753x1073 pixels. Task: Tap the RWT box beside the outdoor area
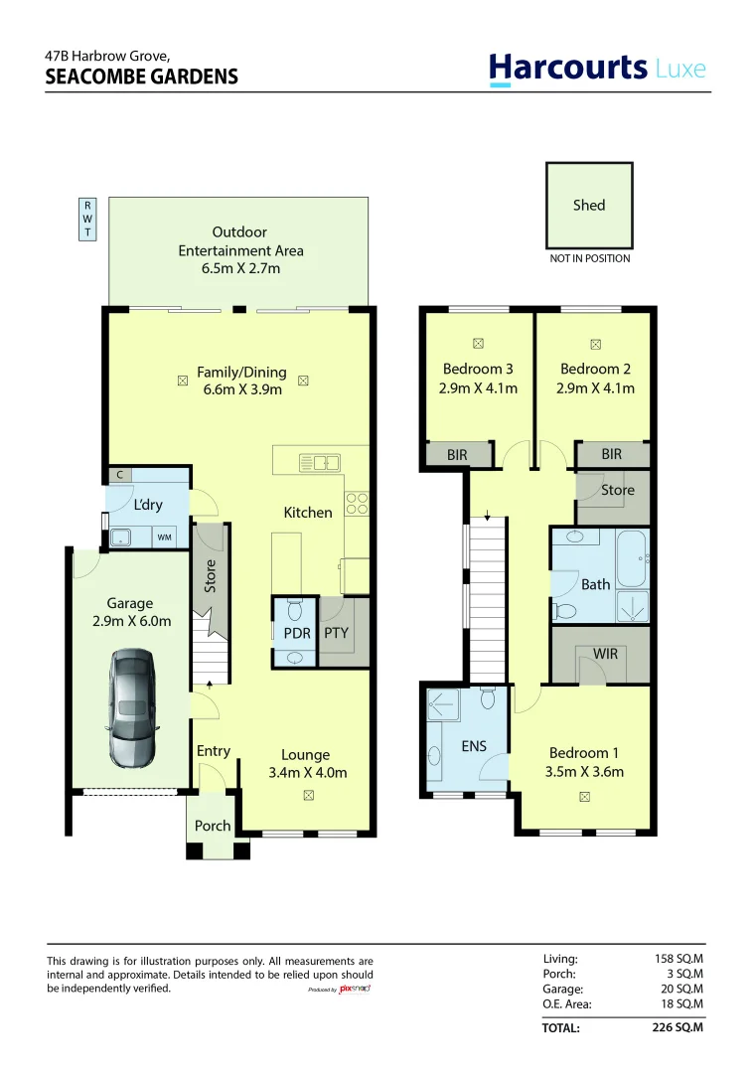(87, 219)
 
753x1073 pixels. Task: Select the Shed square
(589, 206)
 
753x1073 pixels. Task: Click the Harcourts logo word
(567, 69)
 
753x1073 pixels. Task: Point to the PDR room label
(297, 634)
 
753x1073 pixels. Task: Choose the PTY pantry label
(336, 633)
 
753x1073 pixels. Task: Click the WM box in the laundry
(164, 537)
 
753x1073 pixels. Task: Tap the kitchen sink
(320, 463)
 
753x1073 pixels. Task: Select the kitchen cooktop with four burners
(357, 504)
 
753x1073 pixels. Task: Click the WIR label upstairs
(605, 654)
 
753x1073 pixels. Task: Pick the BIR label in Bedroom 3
(457, 454)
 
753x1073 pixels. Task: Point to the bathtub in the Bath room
(632, 559)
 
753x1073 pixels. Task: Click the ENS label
(474, 746)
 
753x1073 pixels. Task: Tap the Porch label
(213, 826)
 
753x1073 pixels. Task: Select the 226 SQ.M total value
(678, 1027)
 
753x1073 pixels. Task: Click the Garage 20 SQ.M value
(681, 989)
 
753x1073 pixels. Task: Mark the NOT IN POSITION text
(589, 258)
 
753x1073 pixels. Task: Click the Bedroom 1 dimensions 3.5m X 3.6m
(584, 772)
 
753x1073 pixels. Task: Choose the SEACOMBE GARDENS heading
(142, 77)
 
